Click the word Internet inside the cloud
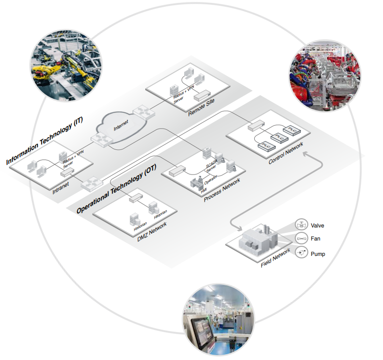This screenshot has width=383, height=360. (x=122, y=127)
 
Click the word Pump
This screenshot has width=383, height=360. (x=318, y=253)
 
